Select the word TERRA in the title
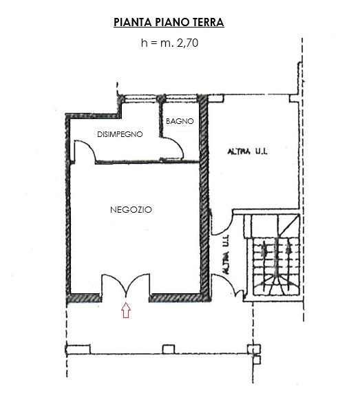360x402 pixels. [206, 23]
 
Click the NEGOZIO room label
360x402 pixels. [131, 209]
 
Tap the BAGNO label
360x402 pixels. [180, 121]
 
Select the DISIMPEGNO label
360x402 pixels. [120, 135]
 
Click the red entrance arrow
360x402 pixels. [125, 311]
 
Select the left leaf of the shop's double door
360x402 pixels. [112, 285]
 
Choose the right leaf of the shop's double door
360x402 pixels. [140, 285]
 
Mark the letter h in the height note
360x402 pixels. [144, 43]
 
